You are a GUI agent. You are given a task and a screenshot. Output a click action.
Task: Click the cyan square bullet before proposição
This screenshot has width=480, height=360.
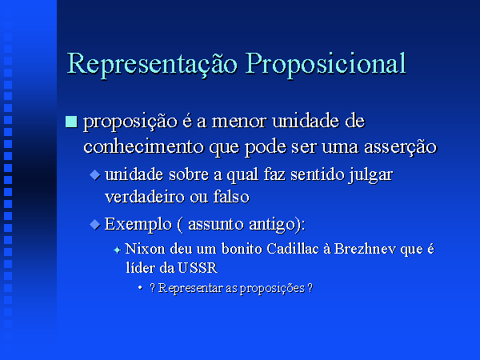(x=71, y=122)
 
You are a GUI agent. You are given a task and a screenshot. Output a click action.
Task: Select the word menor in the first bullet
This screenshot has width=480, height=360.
(x=238, y=122)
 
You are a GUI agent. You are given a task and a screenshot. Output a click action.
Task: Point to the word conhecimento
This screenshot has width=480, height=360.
(x=143, y=146)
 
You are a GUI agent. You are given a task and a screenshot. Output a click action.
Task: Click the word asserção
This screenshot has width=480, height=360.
(x=400, y=147)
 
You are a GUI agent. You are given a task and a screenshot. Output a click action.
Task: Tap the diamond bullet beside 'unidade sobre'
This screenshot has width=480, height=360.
(x=95, y=174)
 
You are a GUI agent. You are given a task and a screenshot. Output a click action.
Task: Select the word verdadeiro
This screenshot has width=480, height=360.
(x=145, y=197)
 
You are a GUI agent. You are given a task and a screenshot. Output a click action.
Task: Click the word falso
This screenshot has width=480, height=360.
(x=231, y=197)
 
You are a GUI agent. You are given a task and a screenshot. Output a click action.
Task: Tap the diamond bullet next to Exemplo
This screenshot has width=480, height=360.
(x=95, y=224)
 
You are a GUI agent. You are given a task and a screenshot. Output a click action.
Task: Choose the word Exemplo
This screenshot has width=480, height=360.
(x=138, y=225)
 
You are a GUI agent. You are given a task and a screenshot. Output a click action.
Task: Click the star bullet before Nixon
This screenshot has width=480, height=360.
(x=117, y=250)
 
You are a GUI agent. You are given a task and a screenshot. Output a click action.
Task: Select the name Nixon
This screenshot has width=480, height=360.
(x=145, y=249)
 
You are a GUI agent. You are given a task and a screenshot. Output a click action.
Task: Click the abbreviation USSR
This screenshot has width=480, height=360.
(x=198, y=268)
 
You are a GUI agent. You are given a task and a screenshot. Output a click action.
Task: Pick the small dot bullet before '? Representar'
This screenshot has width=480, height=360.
(x=140, y=287)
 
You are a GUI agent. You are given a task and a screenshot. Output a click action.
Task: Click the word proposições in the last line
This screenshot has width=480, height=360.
(x=272, y=289)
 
